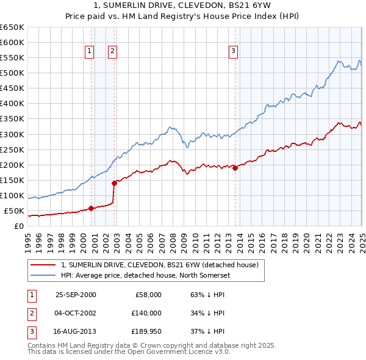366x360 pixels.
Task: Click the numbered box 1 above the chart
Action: point(90,52)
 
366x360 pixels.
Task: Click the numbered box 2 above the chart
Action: point(113,52)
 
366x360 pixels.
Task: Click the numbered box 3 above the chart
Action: point(234,52)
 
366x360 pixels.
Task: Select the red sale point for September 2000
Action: point(91,208)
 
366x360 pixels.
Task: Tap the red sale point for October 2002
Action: point(114,182)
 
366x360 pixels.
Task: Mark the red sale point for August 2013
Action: point(235,168)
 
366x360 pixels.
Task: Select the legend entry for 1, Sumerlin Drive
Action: point(160,265)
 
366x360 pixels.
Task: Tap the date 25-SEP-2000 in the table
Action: point(76,295)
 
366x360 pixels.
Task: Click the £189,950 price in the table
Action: point(145,331)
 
